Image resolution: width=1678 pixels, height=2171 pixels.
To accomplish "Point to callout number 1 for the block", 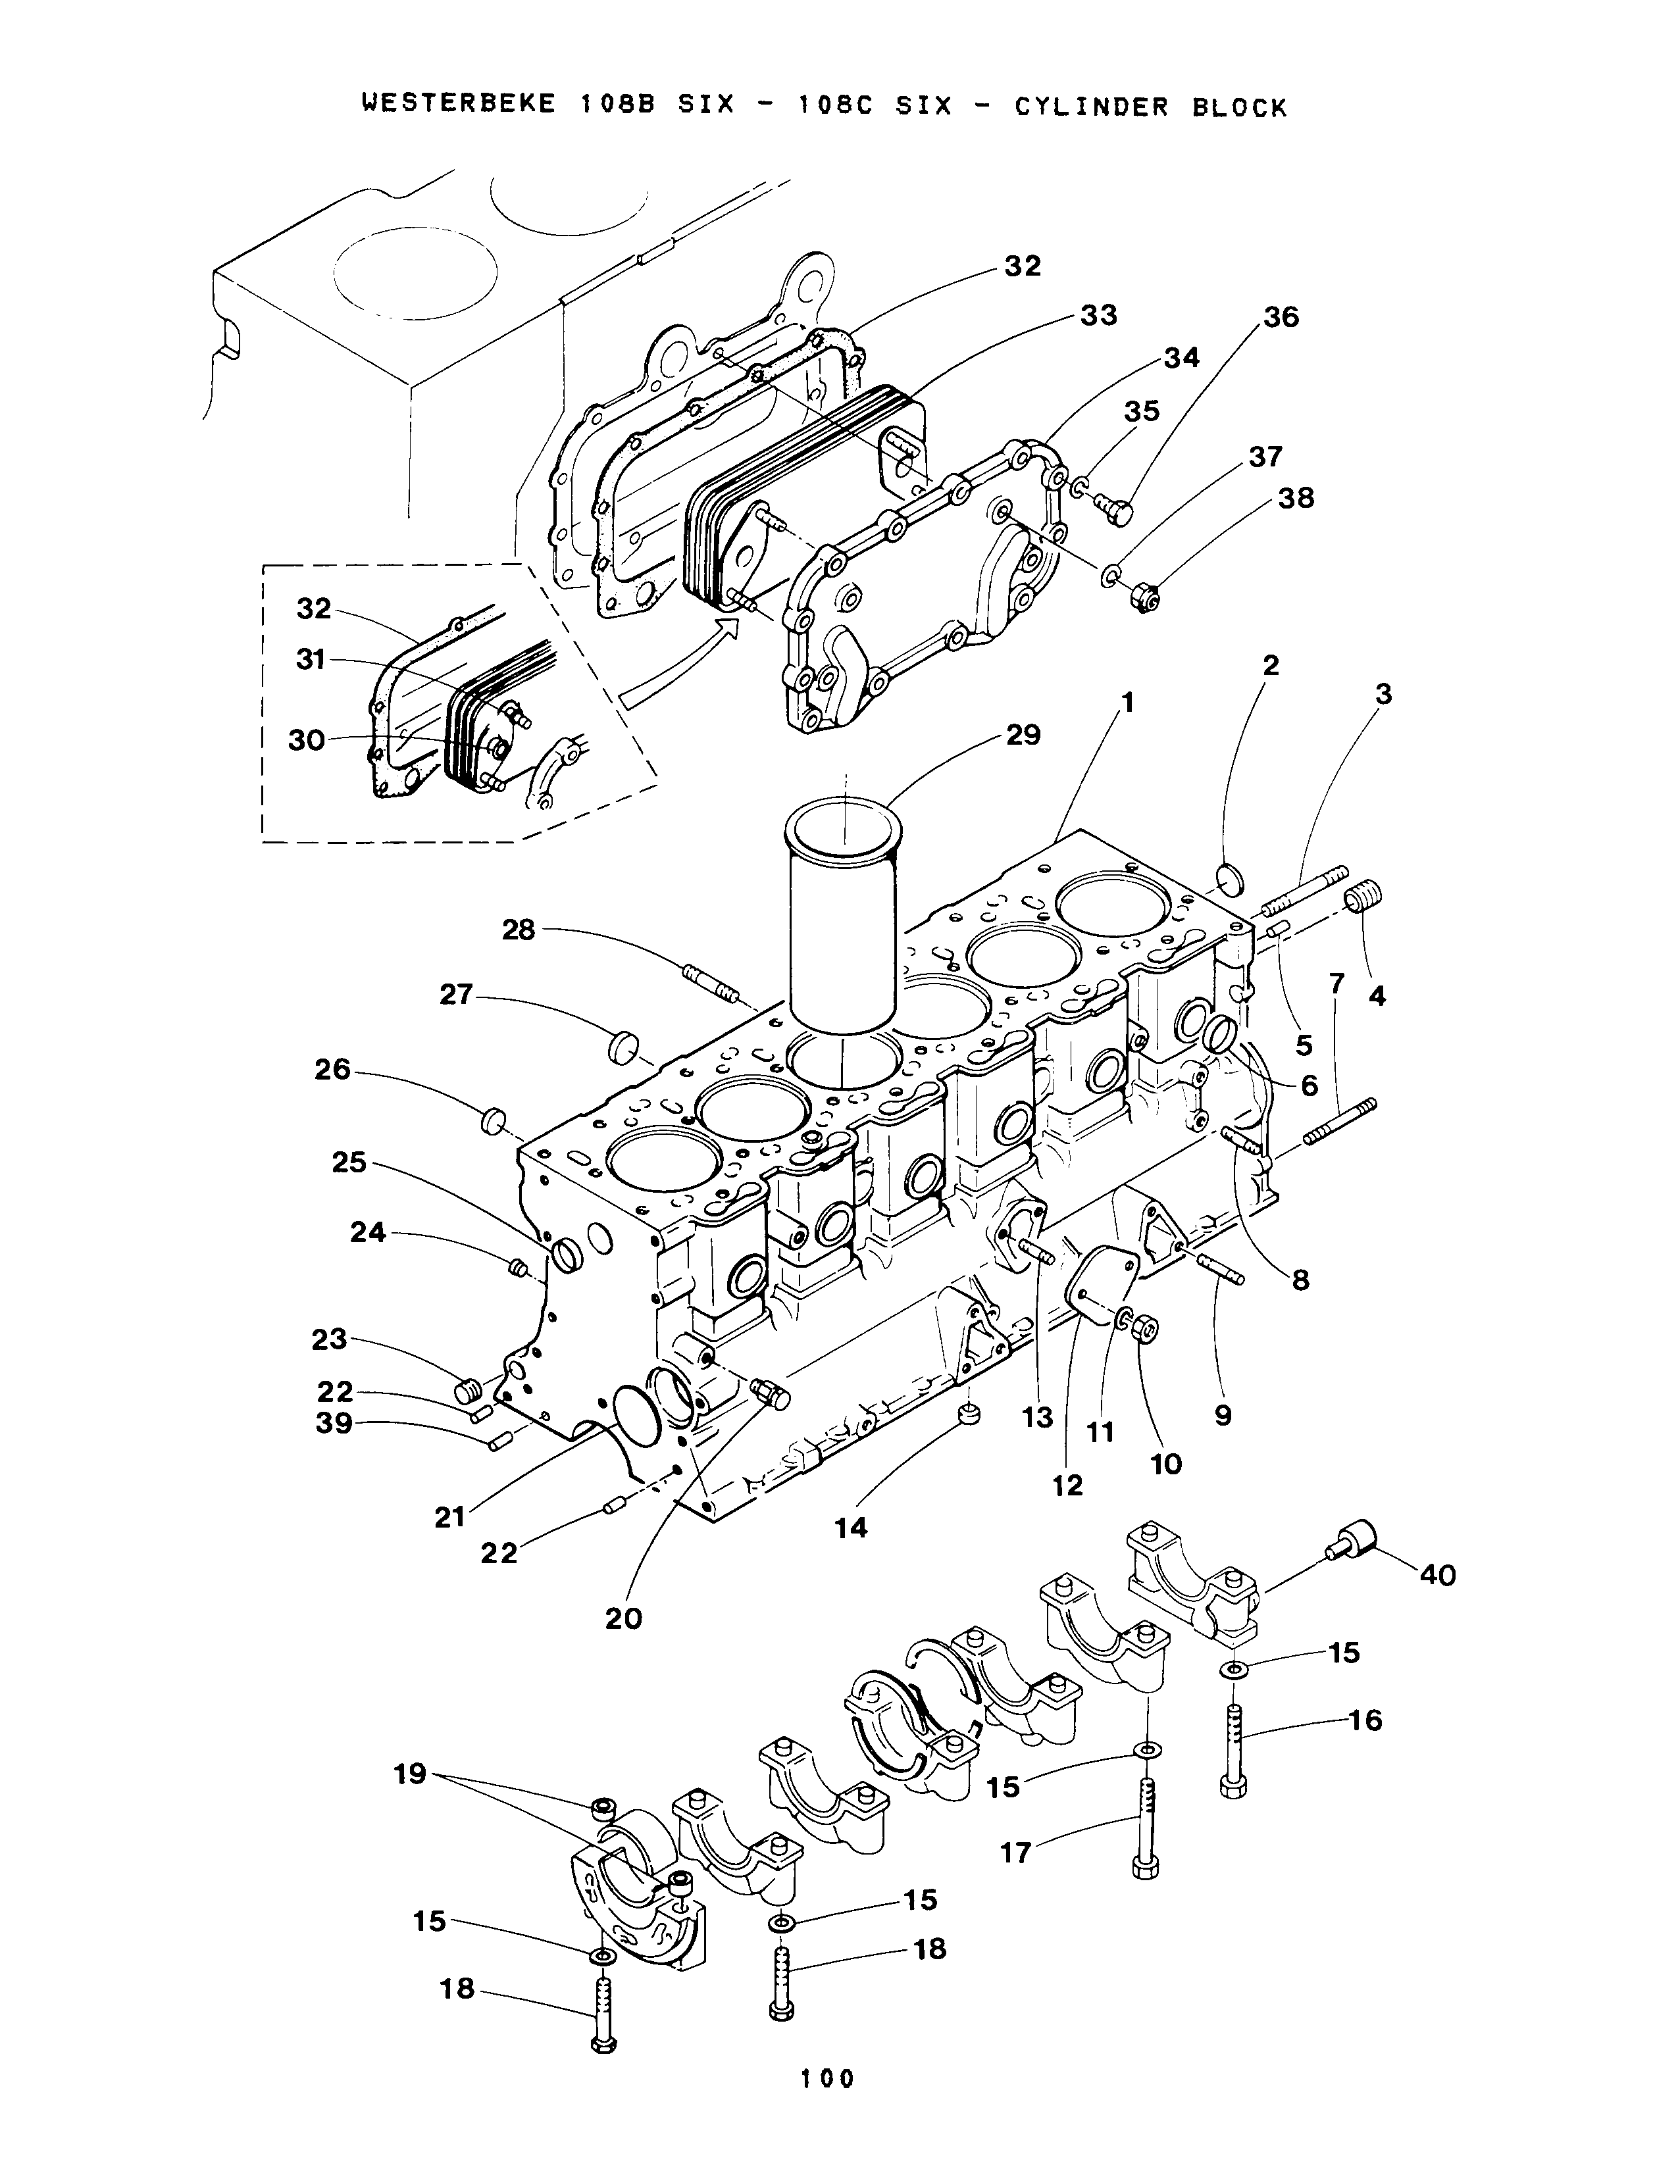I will tap(1127, 703).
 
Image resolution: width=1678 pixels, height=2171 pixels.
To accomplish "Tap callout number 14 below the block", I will tap(851, 1528).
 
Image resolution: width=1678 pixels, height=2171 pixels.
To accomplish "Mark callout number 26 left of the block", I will tap(333, 1070).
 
